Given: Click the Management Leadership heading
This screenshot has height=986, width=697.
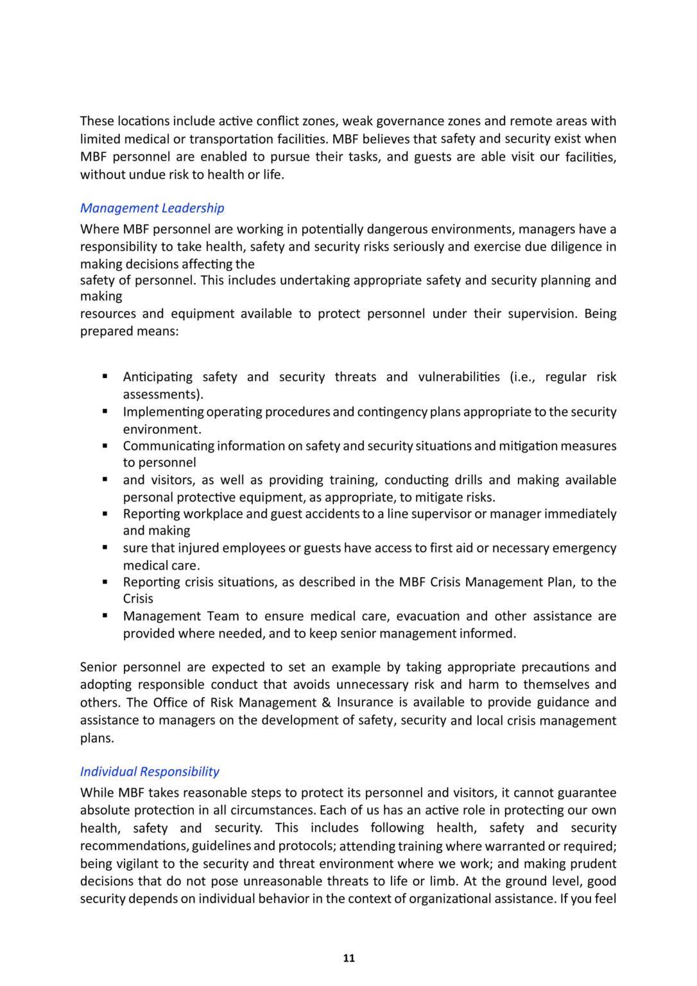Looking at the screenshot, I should pyautogui.click(x=152, y=208).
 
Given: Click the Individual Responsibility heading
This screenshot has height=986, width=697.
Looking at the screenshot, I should pyautogui.click(x=150, y=772).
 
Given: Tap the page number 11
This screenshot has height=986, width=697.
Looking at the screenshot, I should pyautogui.click(x=348, y=958).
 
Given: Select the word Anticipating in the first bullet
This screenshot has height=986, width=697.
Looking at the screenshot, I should pyautogui.click(x=157, y=377).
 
